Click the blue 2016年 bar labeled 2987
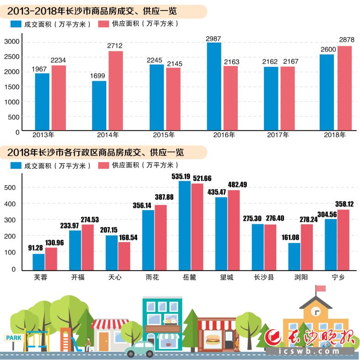coord(214,86)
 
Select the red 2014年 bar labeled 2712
coord(116,91)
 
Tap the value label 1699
coord(98,76)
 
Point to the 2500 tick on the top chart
coord(12,57)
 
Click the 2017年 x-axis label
coord(278,135)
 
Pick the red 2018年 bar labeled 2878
coord(344,88)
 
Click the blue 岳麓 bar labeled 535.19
coord(185,226)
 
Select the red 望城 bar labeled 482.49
coord(234,230)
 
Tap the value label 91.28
coord(35,248)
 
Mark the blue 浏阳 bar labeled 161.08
coord(295,256)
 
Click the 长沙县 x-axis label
coord(264,277)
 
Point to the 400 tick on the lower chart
coord(10,204)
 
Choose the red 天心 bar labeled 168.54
coord(124,256)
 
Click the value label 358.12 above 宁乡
coord(344,204)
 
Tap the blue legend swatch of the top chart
coord(16,24)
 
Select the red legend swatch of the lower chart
coord(104,166)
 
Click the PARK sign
coord(14,338)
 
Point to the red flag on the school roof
coord(321,288)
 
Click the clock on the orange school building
coord(316,312)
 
